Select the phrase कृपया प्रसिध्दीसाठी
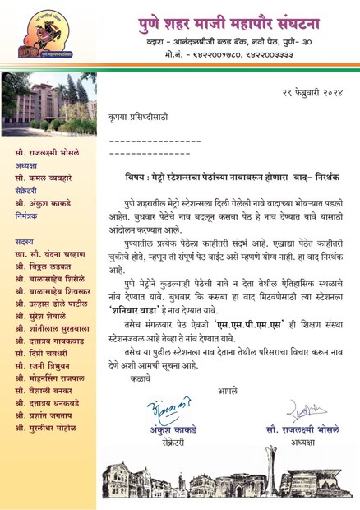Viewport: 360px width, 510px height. coord(136,118)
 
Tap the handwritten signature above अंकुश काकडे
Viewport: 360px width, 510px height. coord(168,409)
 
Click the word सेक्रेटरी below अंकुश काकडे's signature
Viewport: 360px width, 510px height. coord(168,441)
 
